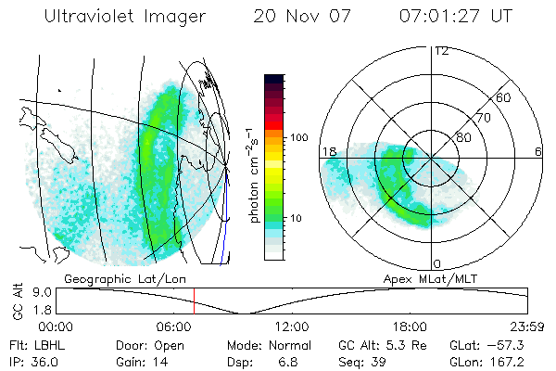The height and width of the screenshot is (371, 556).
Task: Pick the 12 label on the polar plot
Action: point(440,50)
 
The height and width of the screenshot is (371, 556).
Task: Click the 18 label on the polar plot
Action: point(327,151)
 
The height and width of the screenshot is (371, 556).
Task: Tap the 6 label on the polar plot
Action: point(538,151)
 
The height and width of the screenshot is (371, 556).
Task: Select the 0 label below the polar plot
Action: point(436,264)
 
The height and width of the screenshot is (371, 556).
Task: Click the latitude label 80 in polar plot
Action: point(462,137)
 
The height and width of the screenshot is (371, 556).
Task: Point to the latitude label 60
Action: point(504,97)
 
